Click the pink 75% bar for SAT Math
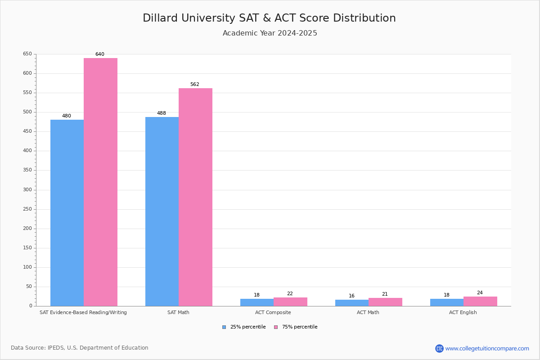point(195,197)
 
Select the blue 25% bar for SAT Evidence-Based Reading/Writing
point(67,213)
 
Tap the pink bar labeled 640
point(100,182)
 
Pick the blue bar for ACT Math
point(352,303)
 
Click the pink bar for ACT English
point(480,301)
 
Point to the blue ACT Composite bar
point(257,302)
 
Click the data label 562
point(195,84)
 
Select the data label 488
point(162,113)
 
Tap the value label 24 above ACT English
point(480,292)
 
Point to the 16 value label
point(351,296)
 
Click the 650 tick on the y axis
point(27,54)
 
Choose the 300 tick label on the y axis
point(27,189)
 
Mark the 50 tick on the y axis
point(29,287)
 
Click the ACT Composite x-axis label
point(273,312)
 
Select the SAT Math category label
point(178,312)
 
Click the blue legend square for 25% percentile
point(224,327)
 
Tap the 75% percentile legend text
point(300,327)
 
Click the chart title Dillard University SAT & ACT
point(269,18)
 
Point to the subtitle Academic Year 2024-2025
point(270,33)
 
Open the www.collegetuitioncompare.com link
point(487,348)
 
